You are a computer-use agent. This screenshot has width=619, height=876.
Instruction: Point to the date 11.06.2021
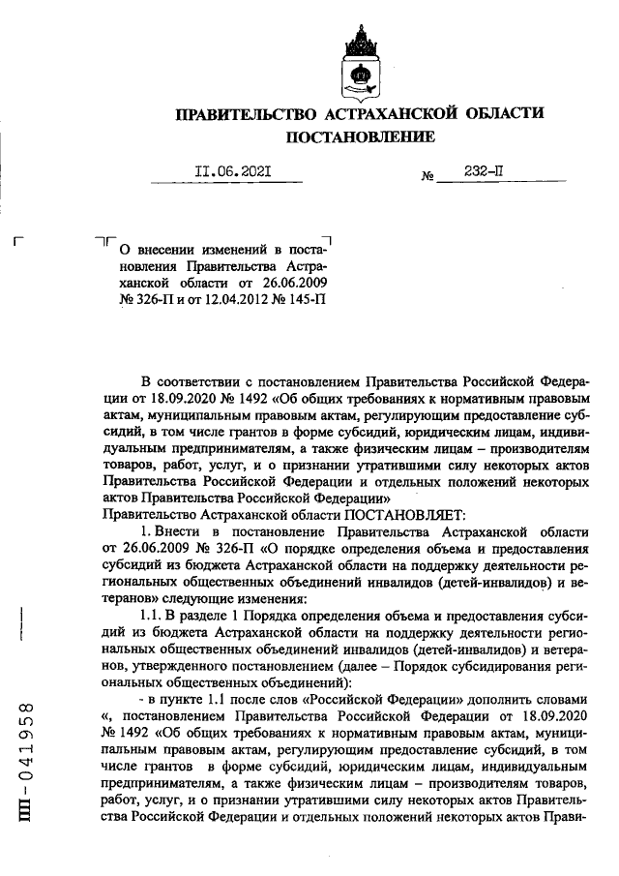[x=232, y=171]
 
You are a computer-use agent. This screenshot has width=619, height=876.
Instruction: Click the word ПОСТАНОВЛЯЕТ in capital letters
[x=403, y=512]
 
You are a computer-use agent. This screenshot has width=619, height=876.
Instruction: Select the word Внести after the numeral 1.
[x=180, y=530]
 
